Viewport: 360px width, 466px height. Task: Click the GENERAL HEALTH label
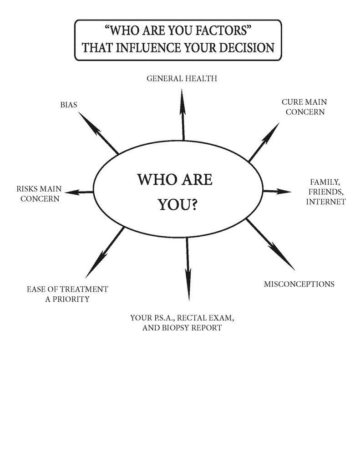pyautogui.click(x=182, y=79)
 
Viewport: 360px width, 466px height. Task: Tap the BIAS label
pyautogui.click(x=69, y=105)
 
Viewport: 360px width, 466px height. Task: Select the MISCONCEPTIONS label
pyautogui.click(x=299, y=284)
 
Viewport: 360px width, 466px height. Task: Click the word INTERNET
pyautogui.click(x=325, y=202)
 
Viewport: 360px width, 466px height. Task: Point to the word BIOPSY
pyautogui.click(x=178, y=328)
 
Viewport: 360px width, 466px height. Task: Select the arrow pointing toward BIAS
pyautogui.click(x=98, y=132)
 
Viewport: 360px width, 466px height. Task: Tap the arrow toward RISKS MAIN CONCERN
pyautogui.click(x=82, y=192)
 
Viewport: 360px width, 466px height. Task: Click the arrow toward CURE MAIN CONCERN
pyautogui.click(x=264, y=142)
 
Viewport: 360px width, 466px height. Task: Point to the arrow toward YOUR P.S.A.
pyautogui.click(x=188, y=268)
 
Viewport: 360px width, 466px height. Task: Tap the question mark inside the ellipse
pyautogui.click(x=193, y=205)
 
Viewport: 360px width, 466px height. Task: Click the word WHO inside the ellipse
pyautogui.click(x=153, y=180)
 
